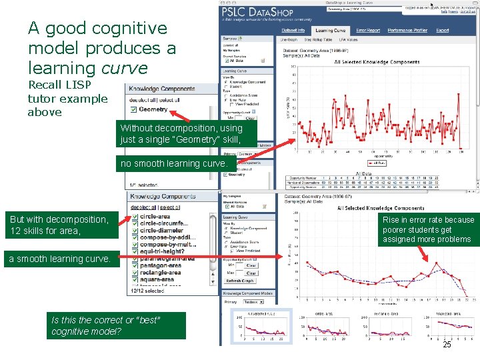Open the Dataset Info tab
[x=293, y=30]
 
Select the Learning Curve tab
[x=331, y=30]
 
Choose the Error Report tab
[x=368, y=30]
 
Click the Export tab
[x=443, y=30]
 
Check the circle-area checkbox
[x=135, y=217]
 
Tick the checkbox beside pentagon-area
[x=135, y=265]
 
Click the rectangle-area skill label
[x=161, y=273]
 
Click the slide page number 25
[x=447, y=345]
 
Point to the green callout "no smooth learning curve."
[x=173, y=163]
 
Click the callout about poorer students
[x=427, y=229]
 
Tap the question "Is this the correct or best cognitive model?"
[x=107, y=325]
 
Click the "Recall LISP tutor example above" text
[x=67, y=99]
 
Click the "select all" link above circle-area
[x=170, y=207]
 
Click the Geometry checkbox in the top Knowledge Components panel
[x=134, y=109]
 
